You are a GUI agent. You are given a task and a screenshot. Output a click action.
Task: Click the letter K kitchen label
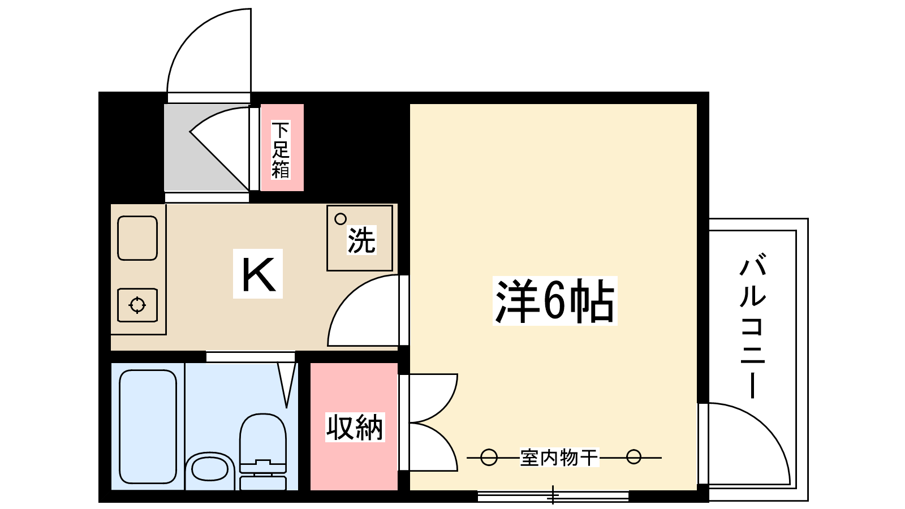(258, 274)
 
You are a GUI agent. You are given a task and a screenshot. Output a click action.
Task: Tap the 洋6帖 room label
(554, 300)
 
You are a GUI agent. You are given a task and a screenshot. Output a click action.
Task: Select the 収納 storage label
(355, 427)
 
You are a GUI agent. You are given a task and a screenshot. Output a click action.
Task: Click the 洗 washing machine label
(361, 240)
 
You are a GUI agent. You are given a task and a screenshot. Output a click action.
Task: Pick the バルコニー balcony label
(753, 327)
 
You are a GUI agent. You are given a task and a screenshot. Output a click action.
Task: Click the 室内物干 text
(559, 457)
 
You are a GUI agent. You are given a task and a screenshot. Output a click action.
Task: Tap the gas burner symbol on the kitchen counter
(137, 305)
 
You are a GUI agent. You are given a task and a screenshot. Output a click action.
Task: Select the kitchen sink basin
(137, 238)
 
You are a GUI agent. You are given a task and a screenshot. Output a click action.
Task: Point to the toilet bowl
(262, 438)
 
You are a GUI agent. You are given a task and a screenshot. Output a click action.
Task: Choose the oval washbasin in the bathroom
(209, 469)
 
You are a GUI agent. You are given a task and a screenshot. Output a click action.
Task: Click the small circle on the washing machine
(341, 219)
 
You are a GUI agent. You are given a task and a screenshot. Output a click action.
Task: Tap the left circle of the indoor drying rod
(489, 457)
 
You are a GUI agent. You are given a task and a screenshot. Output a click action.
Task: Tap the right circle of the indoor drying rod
(634, 457)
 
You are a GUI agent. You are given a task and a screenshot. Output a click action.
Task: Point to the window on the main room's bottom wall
(553, 496)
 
